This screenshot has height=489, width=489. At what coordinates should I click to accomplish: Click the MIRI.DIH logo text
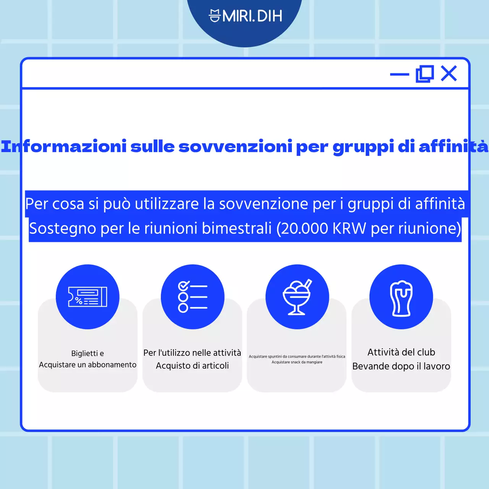coord(252,16)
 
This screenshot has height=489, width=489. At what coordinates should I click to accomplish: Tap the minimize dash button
coord(399,74)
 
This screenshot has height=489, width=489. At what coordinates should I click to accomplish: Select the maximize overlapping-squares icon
coord(424,74)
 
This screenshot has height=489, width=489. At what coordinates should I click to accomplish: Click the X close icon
coord(449,73)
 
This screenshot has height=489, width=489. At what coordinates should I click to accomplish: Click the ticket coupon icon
coord(87,297)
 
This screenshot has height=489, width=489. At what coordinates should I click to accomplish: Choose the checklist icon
coord(193,297)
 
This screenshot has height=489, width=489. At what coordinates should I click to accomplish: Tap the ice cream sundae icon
coord(297,297)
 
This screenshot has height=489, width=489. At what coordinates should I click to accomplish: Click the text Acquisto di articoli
coord(192,366)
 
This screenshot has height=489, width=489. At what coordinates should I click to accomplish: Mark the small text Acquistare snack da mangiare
coord(297,362)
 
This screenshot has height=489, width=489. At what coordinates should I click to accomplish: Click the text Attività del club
coord(401,352)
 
